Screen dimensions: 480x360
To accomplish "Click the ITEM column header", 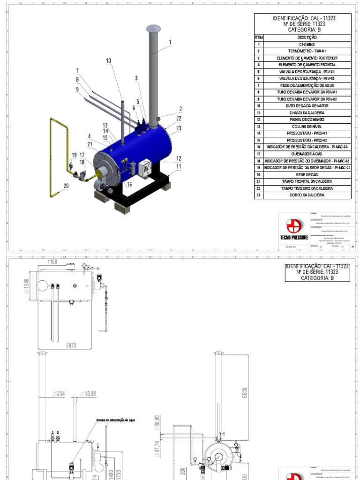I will pyautogui.click(x=259, y=37).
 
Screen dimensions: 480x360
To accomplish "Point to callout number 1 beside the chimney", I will pyautogui.click(x=170, y=43).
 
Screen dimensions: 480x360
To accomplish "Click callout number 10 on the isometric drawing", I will pyautogui.click(x=109, y=60).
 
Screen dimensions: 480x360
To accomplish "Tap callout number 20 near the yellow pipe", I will pyautogui.click(x=66, y=186).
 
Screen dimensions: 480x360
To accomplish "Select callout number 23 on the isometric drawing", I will pyautogui.click(x=179, y=127).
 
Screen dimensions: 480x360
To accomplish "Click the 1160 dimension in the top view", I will pyautogui.click(x=52, y=262).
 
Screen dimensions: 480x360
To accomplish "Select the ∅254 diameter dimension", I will pyautogui.click(x=58, y=394).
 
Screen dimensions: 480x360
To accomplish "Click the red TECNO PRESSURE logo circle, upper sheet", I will pyautogui.click(x=294, y=226).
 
